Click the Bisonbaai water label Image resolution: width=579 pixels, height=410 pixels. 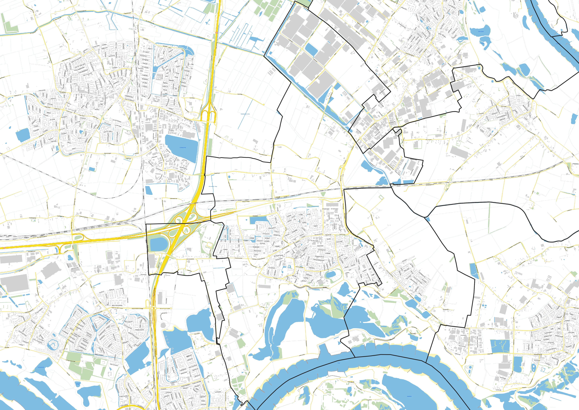[41, 367]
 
